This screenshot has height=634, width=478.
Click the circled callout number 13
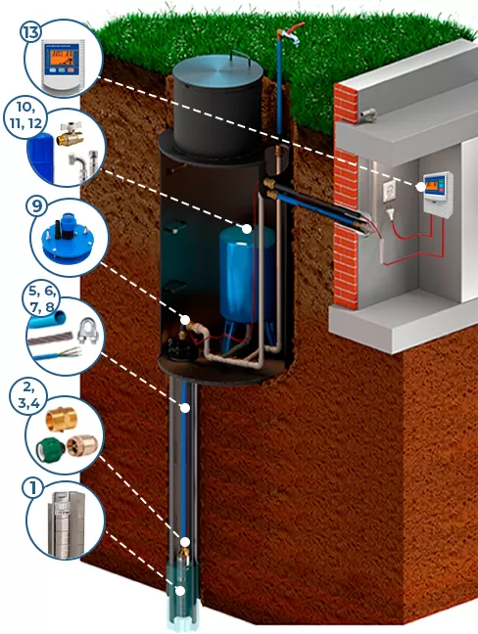click(32, 31)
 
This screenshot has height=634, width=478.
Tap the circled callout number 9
click(36, 205)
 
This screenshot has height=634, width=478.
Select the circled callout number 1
click(32, 488)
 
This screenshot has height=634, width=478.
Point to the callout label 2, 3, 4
click(29, 395)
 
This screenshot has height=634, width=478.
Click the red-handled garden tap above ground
click(290, 33)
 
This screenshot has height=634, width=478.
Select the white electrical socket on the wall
click(390, 189)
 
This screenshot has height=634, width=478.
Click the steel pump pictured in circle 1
click(67, 523)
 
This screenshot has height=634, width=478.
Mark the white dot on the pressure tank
click(247, 229)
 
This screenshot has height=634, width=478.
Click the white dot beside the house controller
click(420, 187)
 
